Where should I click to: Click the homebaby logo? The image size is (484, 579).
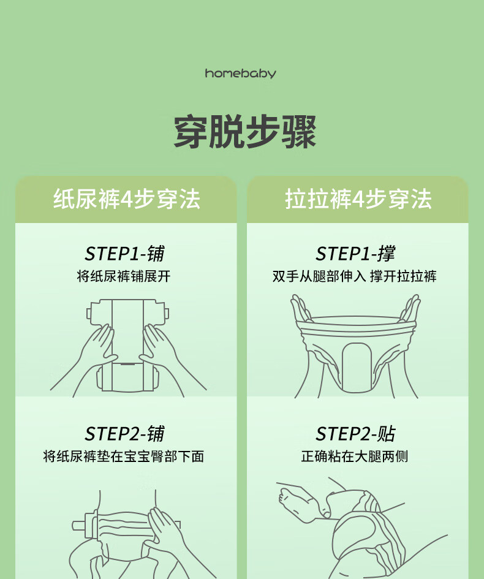(240, 73)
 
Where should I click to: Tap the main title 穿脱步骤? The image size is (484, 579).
(245, 132)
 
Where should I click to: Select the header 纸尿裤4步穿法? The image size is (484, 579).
(127, 199)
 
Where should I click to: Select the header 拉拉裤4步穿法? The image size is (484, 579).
(358, 199)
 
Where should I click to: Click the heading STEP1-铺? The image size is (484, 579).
(125, 254)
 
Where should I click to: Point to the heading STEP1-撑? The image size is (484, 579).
(355, 254)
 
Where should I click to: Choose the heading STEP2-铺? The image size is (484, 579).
(125, 434)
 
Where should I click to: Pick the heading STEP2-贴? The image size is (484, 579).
(355, 434)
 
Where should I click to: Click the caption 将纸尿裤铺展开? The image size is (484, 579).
(124, 276)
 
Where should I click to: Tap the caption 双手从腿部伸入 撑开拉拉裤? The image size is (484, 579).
(354, 276)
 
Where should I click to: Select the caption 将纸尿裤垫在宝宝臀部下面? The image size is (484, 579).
(124, 456)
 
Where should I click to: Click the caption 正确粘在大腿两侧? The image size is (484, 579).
(354, 456)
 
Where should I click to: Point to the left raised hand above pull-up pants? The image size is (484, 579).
(301, 308)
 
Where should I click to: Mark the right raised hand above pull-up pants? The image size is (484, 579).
(410, 308)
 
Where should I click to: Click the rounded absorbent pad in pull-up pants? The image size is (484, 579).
(357, 368)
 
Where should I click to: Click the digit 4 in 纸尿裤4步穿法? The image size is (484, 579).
(126, 199)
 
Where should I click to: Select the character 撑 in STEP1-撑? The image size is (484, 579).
(386, 254)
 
